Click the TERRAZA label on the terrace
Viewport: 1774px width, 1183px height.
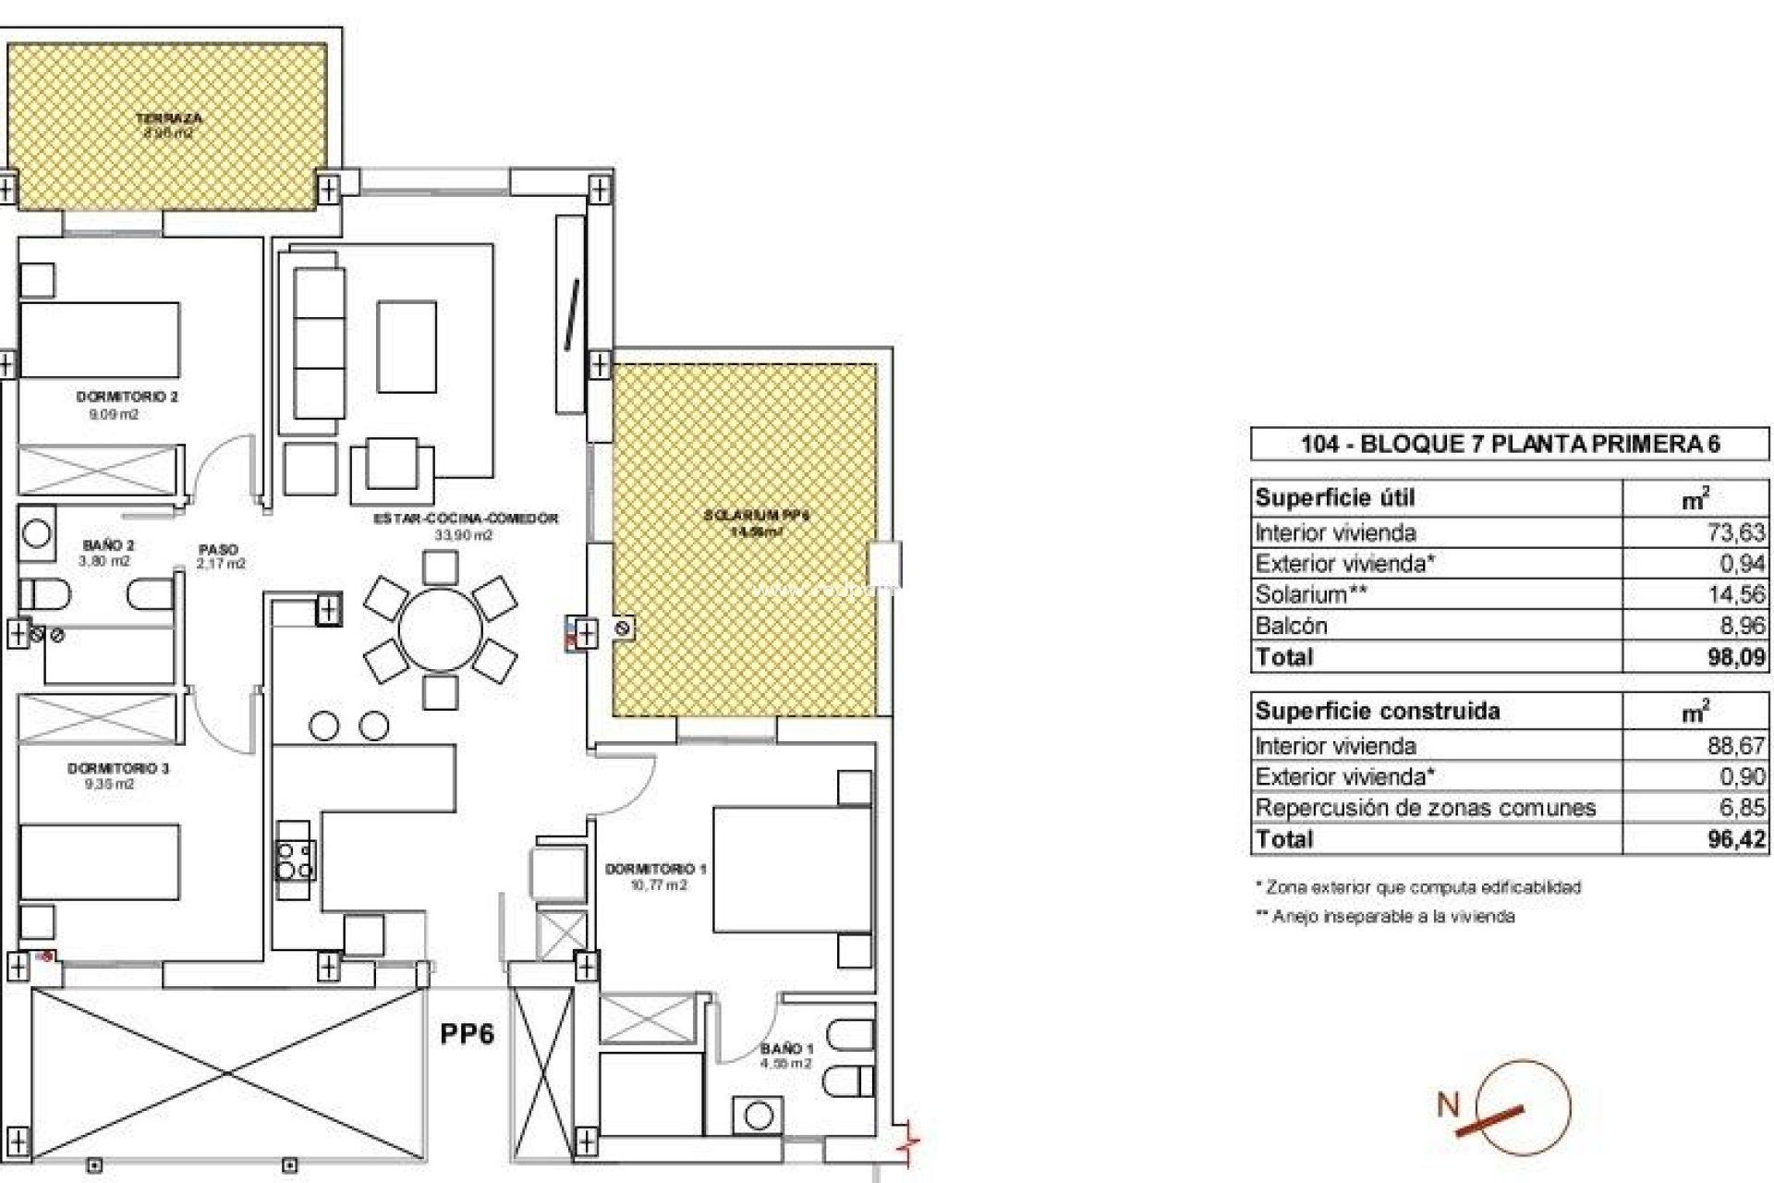pos(169,118)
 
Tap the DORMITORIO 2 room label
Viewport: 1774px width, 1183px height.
pos(127,396)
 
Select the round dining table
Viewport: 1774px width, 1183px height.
pos(440,631)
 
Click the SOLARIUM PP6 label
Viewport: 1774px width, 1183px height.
pos(756,516)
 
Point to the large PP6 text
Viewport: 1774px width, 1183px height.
pos(467,1033)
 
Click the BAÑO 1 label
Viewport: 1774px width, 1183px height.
pos(786,1049)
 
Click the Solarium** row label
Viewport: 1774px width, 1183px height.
pos(1310,594)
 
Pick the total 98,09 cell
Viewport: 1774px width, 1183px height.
pos(1737,657)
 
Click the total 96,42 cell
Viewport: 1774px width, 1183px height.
pos(1737,839)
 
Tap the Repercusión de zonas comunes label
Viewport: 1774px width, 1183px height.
pos(1425,808)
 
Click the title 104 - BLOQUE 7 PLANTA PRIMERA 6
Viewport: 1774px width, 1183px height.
pos(1510,445)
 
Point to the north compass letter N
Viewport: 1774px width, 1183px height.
pos(1448,1104)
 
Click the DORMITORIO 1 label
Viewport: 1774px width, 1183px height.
pos(655,869)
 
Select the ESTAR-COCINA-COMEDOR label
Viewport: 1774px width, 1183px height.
pos(466,518)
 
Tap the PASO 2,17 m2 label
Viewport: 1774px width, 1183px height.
pos(221,555)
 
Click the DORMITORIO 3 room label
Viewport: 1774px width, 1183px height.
pos(117,768)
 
